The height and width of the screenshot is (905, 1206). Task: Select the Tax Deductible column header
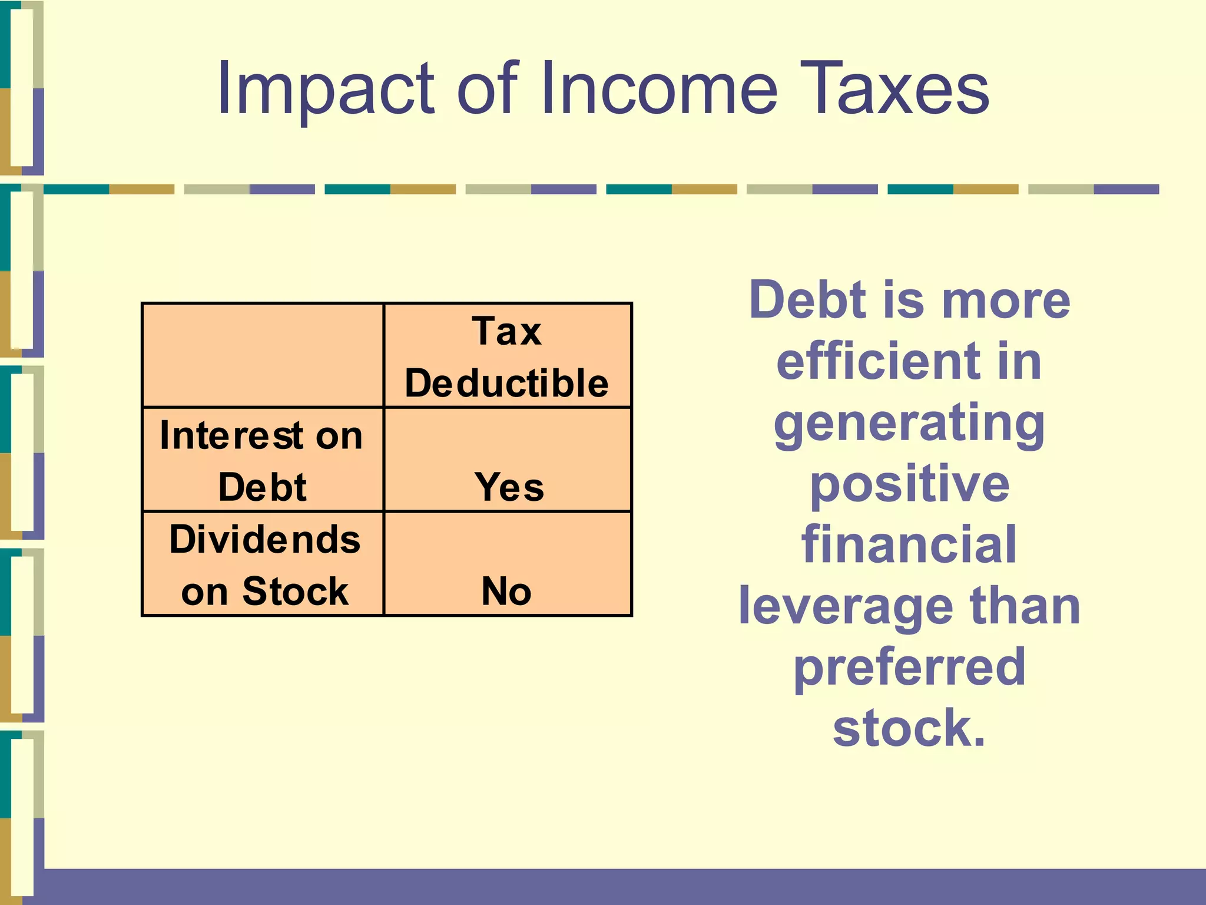[x=506, y=357]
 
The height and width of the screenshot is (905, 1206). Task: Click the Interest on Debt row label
[x=262, y=461]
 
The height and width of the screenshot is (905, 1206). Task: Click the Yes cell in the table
[x=509, y=487]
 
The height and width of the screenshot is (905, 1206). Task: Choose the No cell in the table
[x=506, y=591]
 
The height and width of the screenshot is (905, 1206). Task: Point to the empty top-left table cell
[x=263, y=355]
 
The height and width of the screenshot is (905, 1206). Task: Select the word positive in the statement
[x=909, y=484]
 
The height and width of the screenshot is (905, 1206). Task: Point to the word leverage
[x=845, y=607]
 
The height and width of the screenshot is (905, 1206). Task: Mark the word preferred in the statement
[x=909, y=668]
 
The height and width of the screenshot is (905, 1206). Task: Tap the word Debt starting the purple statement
[x=808, y=300]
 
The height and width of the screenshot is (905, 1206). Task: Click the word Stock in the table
[x=295, y=591]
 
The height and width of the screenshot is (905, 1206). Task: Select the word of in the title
[x=488, y=90]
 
